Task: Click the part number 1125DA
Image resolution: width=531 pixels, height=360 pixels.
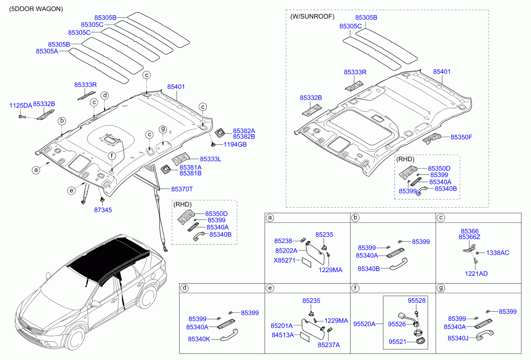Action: [x=21, y=106]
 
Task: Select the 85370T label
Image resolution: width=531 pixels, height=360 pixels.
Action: [x=182, y=189]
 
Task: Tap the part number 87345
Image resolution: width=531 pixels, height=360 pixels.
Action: [x=103, y=210]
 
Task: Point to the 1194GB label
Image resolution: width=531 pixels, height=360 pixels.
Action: [x=235, y=144]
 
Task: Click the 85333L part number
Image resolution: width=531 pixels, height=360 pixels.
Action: [x=211, y=159]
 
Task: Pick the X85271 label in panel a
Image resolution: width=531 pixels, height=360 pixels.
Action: [x=284, y=260]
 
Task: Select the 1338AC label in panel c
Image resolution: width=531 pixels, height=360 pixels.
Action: [x=497, y=253]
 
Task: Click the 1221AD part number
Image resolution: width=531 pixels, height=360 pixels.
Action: [x=476, y=274]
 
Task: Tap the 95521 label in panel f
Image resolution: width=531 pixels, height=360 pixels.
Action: [x=397, y=342]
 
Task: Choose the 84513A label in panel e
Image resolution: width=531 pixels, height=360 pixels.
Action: [x=283, y=335]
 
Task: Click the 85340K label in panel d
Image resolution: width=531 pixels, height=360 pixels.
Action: [x=199, y=339]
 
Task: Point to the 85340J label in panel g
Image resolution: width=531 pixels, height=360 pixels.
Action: [x=458, y=338]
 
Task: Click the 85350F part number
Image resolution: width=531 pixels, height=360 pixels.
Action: [x=461, y=137]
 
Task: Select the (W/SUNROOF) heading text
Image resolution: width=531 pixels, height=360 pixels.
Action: [x=312, y=17]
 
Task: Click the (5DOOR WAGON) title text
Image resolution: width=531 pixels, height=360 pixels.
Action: [x=36, y=9]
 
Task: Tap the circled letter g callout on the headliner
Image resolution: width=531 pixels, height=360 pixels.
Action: [x=163, y=129]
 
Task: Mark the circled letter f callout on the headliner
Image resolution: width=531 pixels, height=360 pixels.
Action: [x=112, y=156]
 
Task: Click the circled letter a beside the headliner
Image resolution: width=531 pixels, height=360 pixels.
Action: [x=36, y=170]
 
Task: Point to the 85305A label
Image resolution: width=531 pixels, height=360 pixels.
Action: [x=47, y=51]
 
